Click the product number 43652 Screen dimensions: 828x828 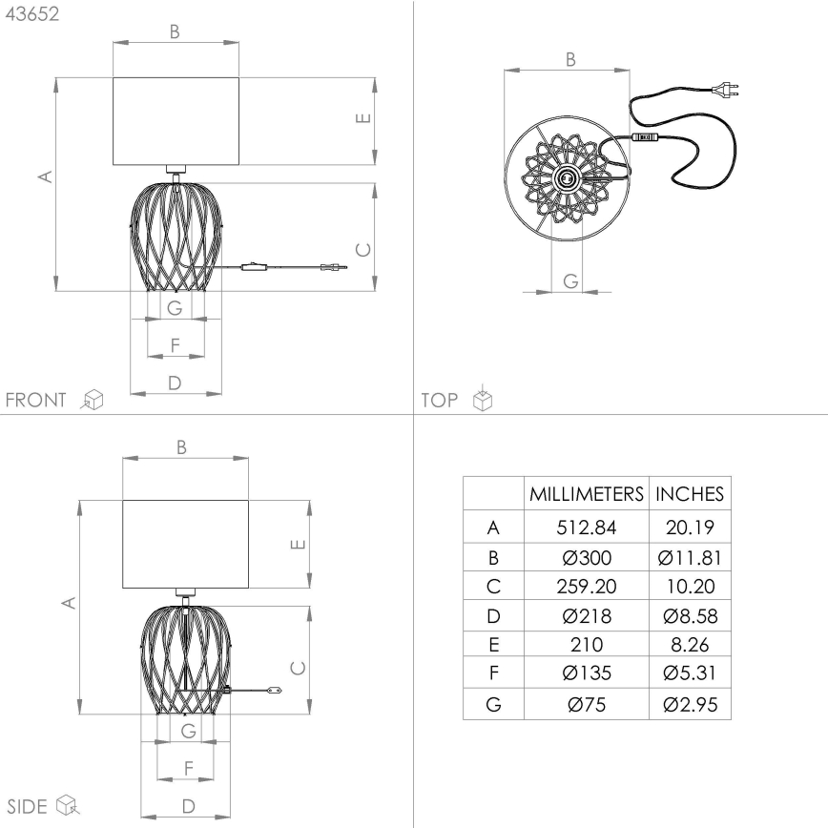point(31,17)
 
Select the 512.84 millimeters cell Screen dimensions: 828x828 point(587,527)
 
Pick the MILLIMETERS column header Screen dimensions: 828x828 point(587,494)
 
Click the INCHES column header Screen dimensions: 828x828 point(689,494)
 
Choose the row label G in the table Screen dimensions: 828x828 point(492,705)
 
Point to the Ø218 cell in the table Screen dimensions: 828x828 point(587,616)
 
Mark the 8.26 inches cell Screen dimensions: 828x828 point(689,646)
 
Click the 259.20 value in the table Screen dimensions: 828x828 point(587,587)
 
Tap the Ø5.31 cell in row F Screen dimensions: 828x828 point(689,674)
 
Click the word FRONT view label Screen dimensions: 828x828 point(36,399)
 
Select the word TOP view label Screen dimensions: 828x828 point(440,400)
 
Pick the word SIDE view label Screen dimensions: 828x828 point(28,806)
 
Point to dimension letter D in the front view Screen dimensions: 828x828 point(175,383)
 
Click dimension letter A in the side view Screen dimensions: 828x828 point(68,603)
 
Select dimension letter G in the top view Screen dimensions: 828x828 point(569,280)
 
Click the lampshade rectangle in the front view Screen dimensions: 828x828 point(176,120)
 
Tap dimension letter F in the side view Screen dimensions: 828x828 point(188,766)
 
